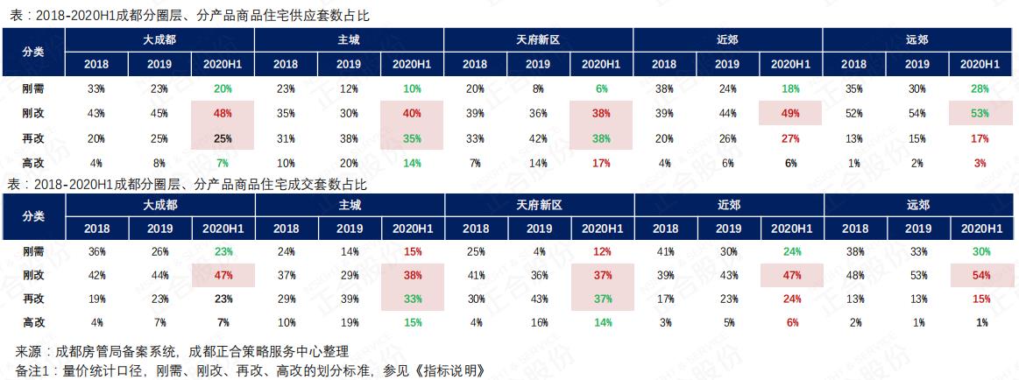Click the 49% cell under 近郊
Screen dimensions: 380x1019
click(790, 113)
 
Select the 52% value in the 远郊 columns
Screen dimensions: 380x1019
click(853, 113)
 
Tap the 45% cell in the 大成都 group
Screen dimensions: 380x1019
click(159, 113)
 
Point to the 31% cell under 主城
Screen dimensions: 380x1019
click(286, 137)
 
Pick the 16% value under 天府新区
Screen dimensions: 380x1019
click(538, 322)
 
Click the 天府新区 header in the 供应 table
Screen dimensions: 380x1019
click(538, 39)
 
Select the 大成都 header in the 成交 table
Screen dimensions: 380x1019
click(159, 205)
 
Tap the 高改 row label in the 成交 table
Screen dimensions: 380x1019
click(33, 322)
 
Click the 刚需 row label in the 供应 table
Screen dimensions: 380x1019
click(33, 88)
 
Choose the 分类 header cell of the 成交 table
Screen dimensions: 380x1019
click(33, 216)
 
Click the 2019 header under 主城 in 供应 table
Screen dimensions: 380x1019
click(349, 64)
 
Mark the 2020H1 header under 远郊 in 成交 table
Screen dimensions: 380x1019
click(980, 229)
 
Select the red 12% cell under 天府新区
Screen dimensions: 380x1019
click(601, 251)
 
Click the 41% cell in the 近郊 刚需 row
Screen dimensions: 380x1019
click(664, 251)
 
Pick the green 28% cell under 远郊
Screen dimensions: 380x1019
click(980, 88)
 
